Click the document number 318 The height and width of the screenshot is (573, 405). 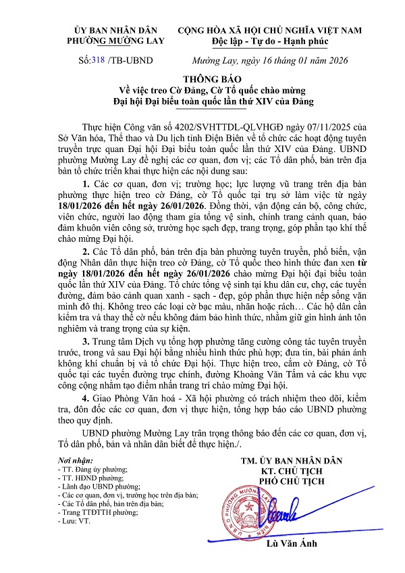click(100, 60)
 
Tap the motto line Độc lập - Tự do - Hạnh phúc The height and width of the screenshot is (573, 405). click(269, 42)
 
